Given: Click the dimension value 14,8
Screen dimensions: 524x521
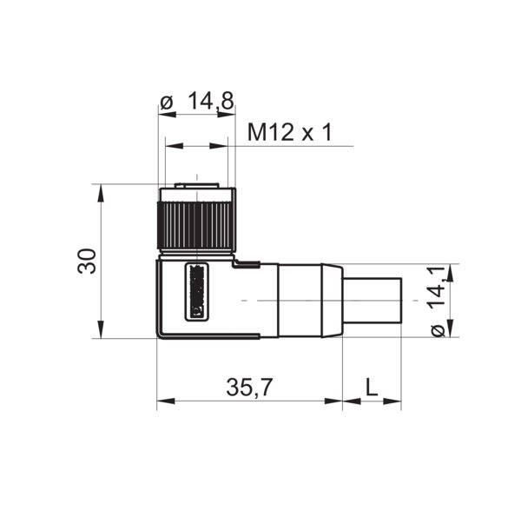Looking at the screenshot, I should pyautogui.click(x=209, y=102).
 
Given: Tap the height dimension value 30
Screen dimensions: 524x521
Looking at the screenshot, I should pyautogui.click(x=86, y=261).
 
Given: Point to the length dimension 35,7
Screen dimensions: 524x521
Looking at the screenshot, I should pyautogui.click(x=247, y=388).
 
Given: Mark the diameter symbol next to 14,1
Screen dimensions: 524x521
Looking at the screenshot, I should pyautogui.click(x=439, y=329).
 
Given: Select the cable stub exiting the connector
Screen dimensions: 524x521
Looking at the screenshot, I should pyautogui.click(x=373, y=301).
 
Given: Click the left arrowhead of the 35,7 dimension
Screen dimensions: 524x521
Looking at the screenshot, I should pyautogui.click(x=163, y=401).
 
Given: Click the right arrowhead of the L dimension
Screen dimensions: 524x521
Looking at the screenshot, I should pyautogui.click(x=397, y=401).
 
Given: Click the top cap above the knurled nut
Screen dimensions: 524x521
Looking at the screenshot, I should pyautogui.click(x=195, y=189).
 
